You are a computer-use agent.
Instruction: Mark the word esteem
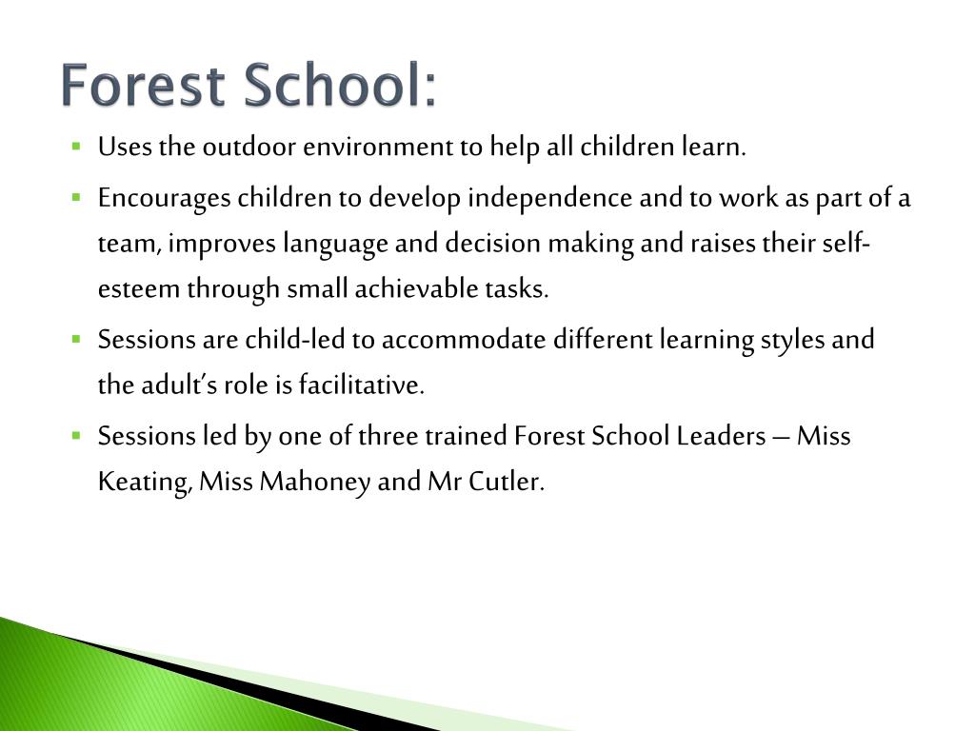[139, 289]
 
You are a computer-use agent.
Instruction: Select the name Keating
[146, 482]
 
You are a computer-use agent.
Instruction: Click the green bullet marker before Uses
[76, 148]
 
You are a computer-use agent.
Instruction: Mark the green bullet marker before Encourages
[76, 198]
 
